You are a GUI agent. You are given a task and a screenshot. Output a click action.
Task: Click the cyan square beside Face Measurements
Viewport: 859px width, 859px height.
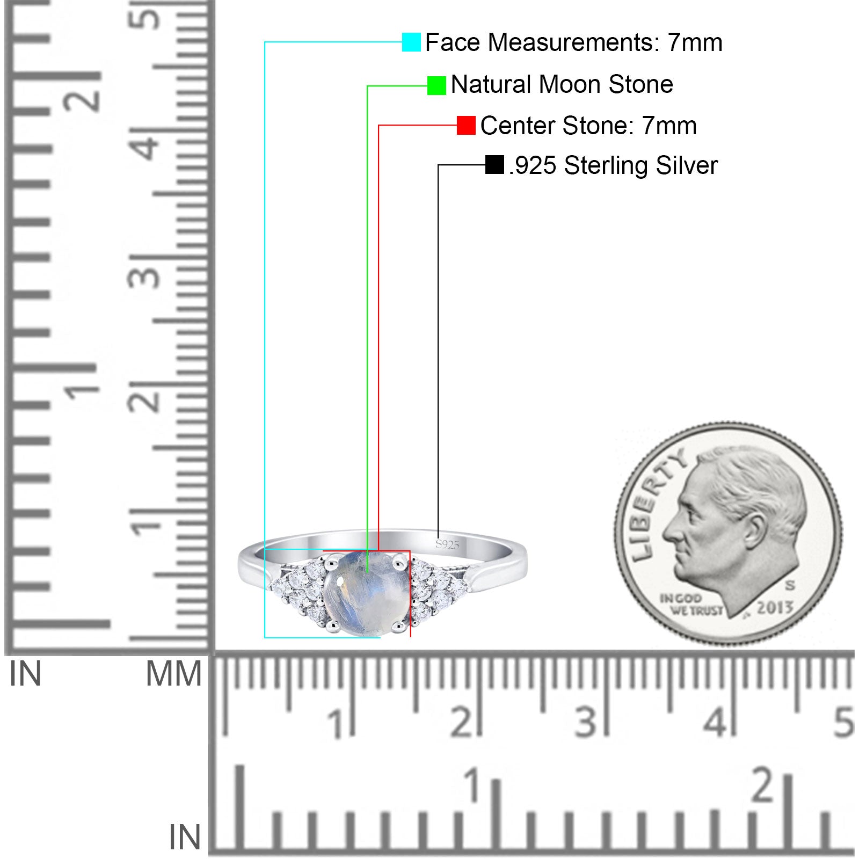(411, 42)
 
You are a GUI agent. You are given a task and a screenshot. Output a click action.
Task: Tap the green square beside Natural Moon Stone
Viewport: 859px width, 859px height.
(436, 85)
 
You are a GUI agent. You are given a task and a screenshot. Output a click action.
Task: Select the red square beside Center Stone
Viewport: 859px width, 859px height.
(466, 126)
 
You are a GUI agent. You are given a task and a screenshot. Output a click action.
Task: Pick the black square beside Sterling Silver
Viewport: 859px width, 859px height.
(494, 165)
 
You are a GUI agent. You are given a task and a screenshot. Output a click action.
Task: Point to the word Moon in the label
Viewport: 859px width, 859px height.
(570, 85)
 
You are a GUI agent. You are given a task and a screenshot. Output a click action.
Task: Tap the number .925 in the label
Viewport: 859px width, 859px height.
(533, 165)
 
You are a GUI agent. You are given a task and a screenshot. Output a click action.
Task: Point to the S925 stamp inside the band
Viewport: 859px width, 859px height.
(447, 545)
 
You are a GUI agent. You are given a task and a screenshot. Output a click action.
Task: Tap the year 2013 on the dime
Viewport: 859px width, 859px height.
(775, 607)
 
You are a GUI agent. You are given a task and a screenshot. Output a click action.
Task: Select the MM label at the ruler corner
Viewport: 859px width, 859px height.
(173, 674)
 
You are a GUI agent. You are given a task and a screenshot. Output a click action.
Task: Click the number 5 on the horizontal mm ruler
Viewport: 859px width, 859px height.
(843, 722)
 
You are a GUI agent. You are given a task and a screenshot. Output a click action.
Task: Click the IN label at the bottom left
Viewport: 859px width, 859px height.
(185, 838)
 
